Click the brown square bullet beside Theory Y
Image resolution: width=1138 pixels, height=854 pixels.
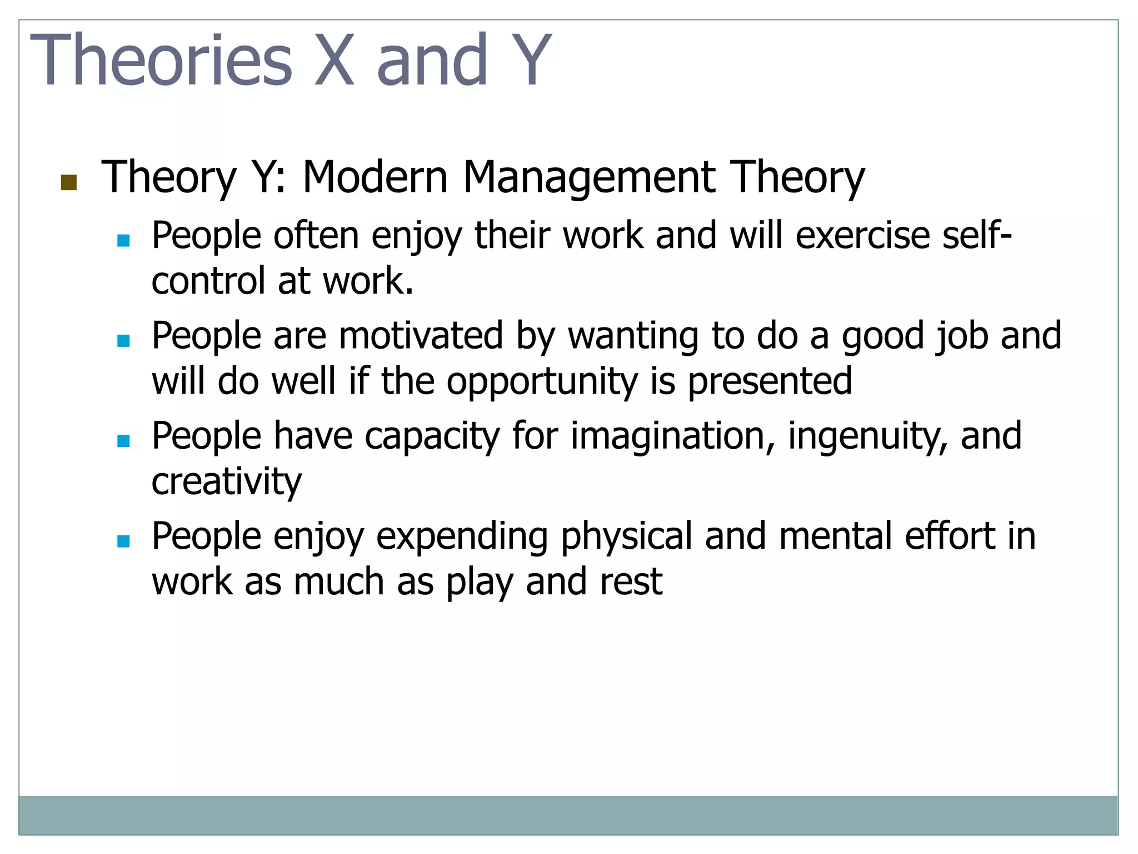pyautogui.click(x=68, y=182)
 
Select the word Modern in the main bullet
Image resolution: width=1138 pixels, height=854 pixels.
pyautogui.click(x=375, y=177)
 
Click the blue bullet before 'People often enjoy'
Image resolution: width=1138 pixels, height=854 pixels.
pyautogui.click(x=123, y=240)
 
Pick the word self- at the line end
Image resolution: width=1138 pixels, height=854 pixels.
pyautogui.click(x=977, y=235)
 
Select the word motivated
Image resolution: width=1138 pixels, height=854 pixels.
pyautogui.click(x=421, y=336)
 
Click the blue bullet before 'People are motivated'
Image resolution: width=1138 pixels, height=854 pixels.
pyautogui.click(x=123, y=340)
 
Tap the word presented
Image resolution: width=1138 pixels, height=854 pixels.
pyautogui.click(x=770, y=381)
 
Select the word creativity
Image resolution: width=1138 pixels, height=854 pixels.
pyautogui.click(x=227, y=482)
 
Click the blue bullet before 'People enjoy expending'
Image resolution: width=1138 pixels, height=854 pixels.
pyautogui.click(x=123, y=541)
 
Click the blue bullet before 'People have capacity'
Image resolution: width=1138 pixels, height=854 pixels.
pyautogui.click(x=123, y=441)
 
